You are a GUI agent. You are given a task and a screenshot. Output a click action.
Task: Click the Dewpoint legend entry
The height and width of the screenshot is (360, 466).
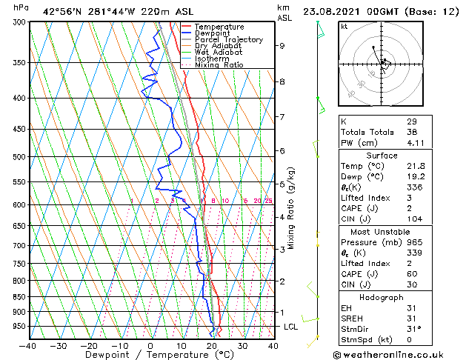212,33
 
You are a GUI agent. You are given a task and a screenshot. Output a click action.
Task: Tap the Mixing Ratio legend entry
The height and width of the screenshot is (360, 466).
219,65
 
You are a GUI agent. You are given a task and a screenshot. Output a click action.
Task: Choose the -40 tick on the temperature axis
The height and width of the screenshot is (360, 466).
28,345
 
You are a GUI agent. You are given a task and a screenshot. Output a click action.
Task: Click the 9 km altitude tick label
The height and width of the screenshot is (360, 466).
282,46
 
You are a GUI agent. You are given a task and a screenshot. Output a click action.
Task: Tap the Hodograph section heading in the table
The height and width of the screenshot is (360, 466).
382,297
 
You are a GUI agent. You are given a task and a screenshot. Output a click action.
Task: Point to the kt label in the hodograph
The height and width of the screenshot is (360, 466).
344,26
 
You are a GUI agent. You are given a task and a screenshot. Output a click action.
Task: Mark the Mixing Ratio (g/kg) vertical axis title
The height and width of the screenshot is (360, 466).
291,208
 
